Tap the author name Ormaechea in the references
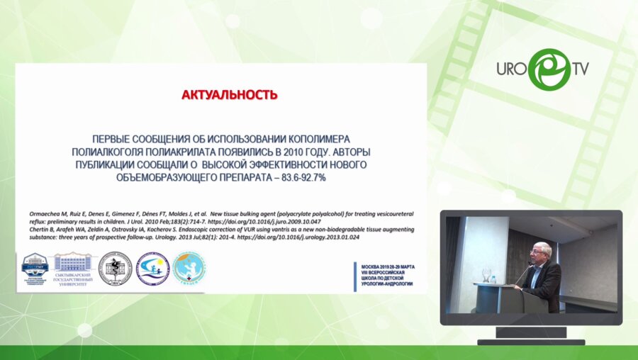(33, 212)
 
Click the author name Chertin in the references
(28, 230)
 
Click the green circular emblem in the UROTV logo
(548, 69)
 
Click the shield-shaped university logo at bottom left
(35, 269)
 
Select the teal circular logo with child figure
(189, 269)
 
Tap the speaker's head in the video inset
(539, 252)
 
